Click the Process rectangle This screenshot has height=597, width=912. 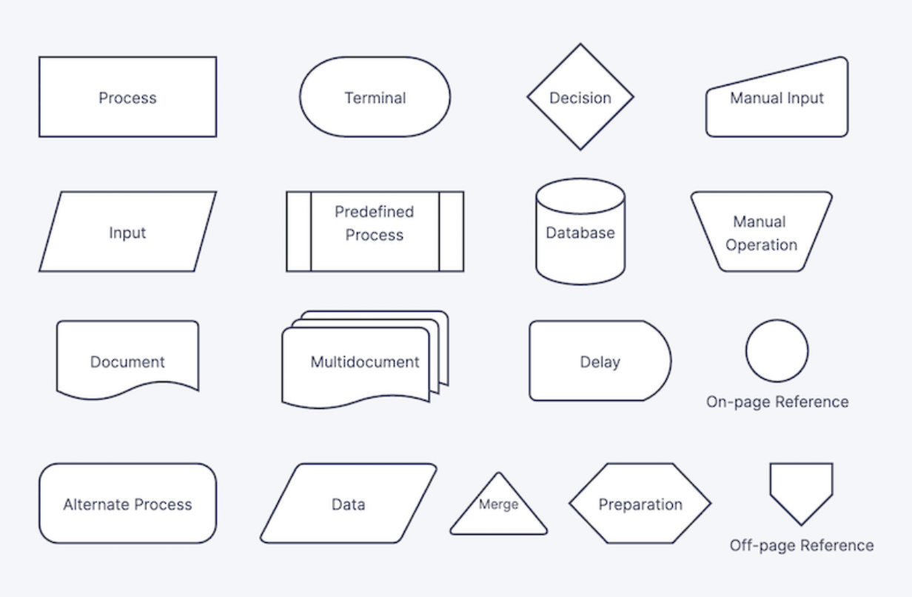(x=128, y=97)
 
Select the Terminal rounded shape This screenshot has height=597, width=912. (x=375, y=97)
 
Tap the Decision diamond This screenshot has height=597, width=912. (x=580, y=97)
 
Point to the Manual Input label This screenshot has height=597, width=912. (x=777, y=99)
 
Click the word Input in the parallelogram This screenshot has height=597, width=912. (x=127, y=233)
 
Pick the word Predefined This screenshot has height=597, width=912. (x=374, y=212)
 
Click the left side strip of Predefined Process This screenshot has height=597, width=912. (x=299, y=231)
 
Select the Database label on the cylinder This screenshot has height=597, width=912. (x=580, y=233)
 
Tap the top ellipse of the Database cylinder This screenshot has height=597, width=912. (x=580, y=196)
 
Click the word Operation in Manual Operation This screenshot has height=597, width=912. (x=761, y=245)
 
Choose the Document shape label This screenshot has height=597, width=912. (x=127, y=362)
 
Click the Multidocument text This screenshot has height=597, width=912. (x=365, y=362)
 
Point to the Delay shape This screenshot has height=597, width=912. (x=600, y=361)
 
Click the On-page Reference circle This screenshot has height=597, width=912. (x=777, y=351)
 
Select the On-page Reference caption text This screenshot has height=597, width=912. (x=777, y=401)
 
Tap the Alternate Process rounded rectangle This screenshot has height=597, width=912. (x=128, y=503)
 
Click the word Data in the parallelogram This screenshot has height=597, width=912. (x=348, y=504)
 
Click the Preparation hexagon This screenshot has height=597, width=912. (x=640, y=503)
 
